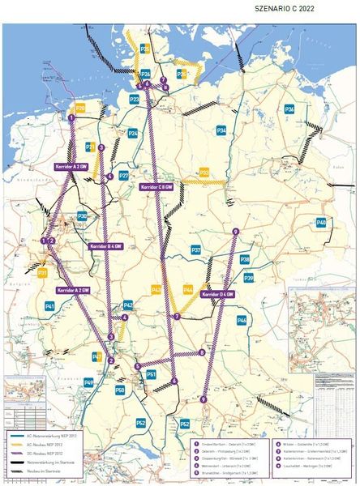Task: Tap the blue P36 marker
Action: pyautogui.click(x=289, y=109)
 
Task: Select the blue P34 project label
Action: pyautogui.click(x=221, y=130)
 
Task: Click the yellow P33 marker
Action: pyautogui.click(x=204, y=173)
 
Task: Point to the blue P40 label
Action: pyautogui.click(x=321, y=222)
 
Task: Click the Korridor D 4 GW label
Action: pyautogui.click(x=216, y=294)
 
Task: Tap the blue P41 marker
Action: pyautogui.click(x=49, y=306)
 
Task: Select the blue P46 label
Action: pyautogui.click(x=242, y=321)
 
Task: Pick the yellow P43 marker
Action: pyautogui.click(x=156, y=289)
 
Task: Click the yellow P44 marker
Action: pyautogui.click(x=188, y=288)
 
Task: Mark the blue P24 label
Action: pyautogui.click(x=132, y=133)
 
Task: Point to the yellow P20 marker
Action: pyautogui.click(x=79, y=107)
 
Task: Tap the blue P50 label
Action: pyautogui.click(x=120, y=390)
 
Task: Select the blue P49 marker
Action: pyautogui.click(x=89, y=382)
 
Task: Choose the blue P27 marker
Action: pyautogui.click(x=123, y=175)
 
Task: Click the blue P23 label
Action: pyautogui.click(x=135, y=99)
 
